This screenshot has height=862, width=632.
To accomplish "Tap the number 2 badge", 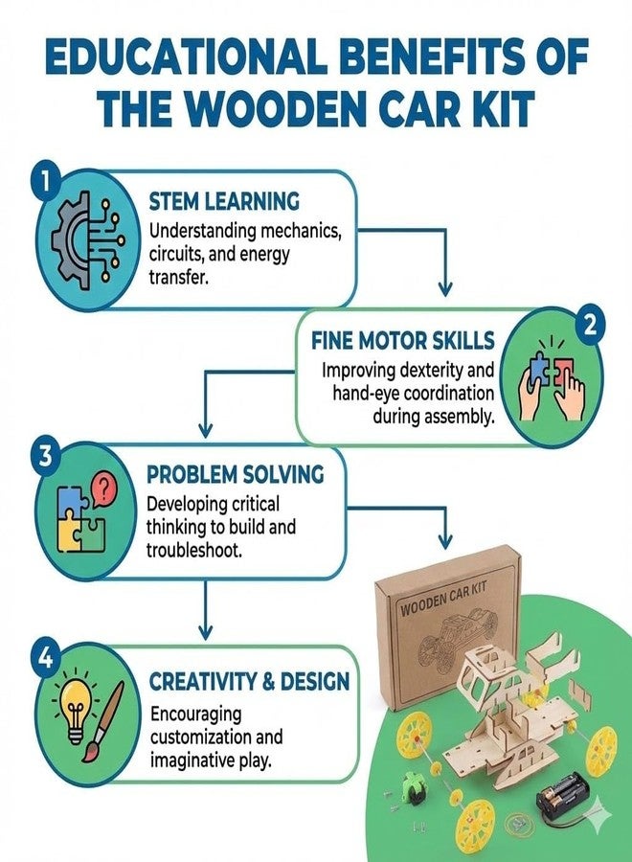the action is [x=589, y=326].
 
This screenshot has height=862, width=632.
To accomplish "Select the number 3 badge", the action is [x=44, y=456].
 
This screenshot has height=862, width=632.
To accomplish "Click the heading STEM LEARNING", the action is [x=224, y=202].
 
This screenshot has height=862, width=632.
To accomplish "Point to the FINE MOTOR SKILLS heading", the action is [x=403, y=341].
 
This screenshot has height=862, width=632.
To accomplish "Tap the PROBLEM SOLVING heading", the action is [x=236, y=474].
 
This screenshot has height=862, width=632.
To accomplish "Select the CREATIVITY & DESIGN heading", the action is [x=250, y=682].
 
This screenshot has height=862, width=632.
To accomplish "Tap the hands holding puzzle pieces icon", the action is [x=552, y=380].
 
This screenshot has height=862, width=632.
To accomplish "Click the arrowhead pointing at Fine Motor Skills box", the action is [x=444, y=288].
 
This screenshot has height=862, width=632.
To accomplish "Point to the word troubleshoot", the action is [x=194, y=551].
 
